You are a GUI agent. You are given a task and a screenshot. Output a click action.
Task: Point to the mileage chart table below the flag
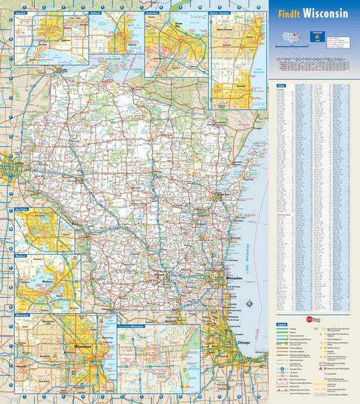click(312, 64)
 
